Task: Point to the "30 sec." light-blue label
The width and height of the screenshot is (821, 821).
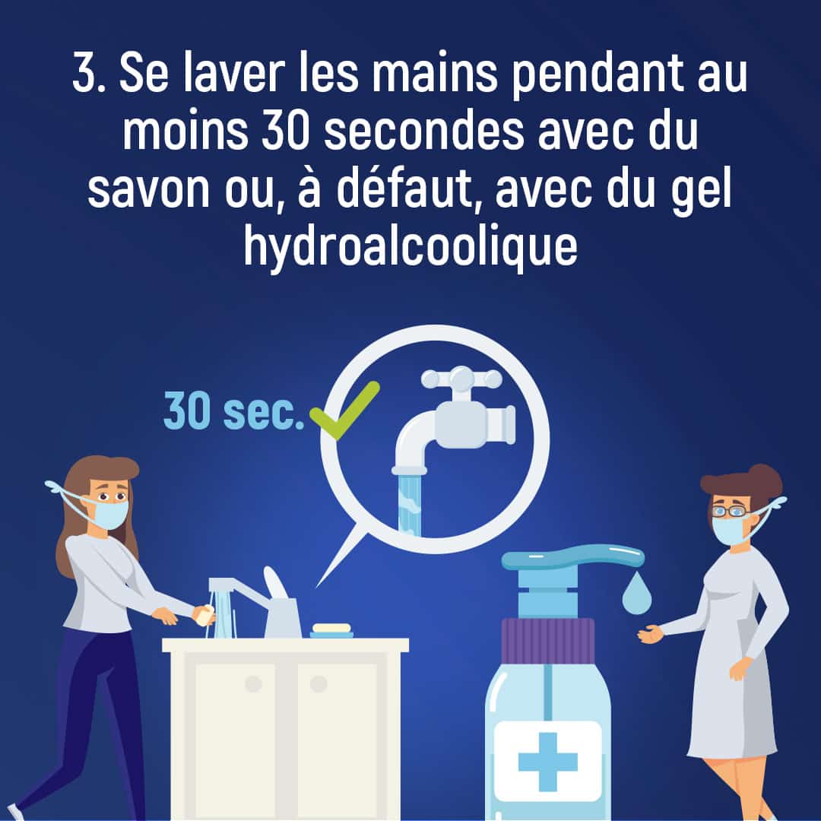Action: click(x=233, y=412)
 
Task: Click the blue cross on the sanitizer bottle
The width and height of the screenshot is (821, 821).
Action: click(x=547, y=760)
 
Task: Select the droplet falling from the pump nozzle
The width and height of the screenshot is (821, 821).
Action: click(x=636, y=596)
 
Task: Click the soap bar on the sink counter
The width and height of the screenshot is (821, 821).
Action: click(x=332, y=629)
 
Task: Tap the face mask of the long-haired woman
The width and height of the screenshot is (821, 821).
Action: click(x=111, y=514)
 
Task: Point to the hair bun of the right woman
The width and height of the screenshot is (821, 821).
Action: click(x=764, y=479)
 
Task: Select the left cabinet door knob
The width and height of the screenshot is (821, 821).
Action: click(x=253, y=684)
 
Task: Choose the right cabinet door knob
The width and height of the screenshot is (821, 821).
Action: click(x=319, y=684)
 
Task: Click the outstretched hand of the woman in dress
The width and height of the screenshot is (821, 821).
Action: click(x=649, y=633)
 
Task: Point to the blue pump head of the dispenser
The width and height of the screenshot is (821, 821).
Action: click(x=570, y=559)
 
